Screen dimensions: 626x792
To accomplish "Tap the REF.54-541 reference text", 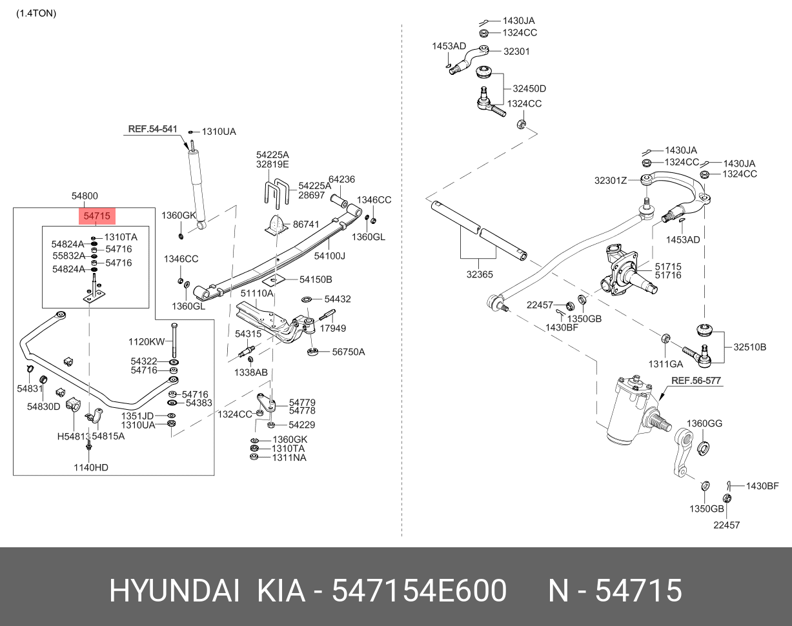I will (152, 129).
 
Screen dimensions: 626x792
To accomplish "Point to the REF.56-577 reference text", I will (696, 381).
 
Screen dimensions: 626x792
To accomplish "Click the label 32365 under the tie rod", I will (480, 274).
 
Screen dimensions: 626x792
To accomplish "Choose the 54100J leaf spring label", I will (330, 256).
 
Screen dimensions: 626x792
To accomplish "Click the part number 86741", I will (306, 224).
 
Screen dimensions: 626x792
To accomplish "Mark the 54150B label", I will (316, 279).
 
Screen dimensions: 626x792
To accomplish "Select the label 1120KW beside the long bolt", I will (147, 341).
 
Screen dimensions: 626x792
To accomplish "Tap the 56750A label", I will (349, 352).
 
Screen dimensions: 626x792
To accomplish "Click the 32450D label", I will (529, 88).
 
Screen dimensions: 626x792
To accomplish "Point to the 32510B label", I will (749, 347).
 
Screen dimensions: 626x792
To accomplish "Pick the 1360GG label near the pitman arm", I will (704, 423).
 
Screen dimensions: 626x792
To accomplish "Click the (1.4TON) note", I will (36, 13).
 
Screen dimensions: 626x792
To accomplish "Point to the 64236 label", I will (342, 179).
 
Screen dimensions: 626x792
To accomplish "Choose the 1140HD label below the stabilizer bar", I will (90, 467).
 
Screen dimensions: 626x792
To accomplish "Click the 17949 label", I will (333, 328).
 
